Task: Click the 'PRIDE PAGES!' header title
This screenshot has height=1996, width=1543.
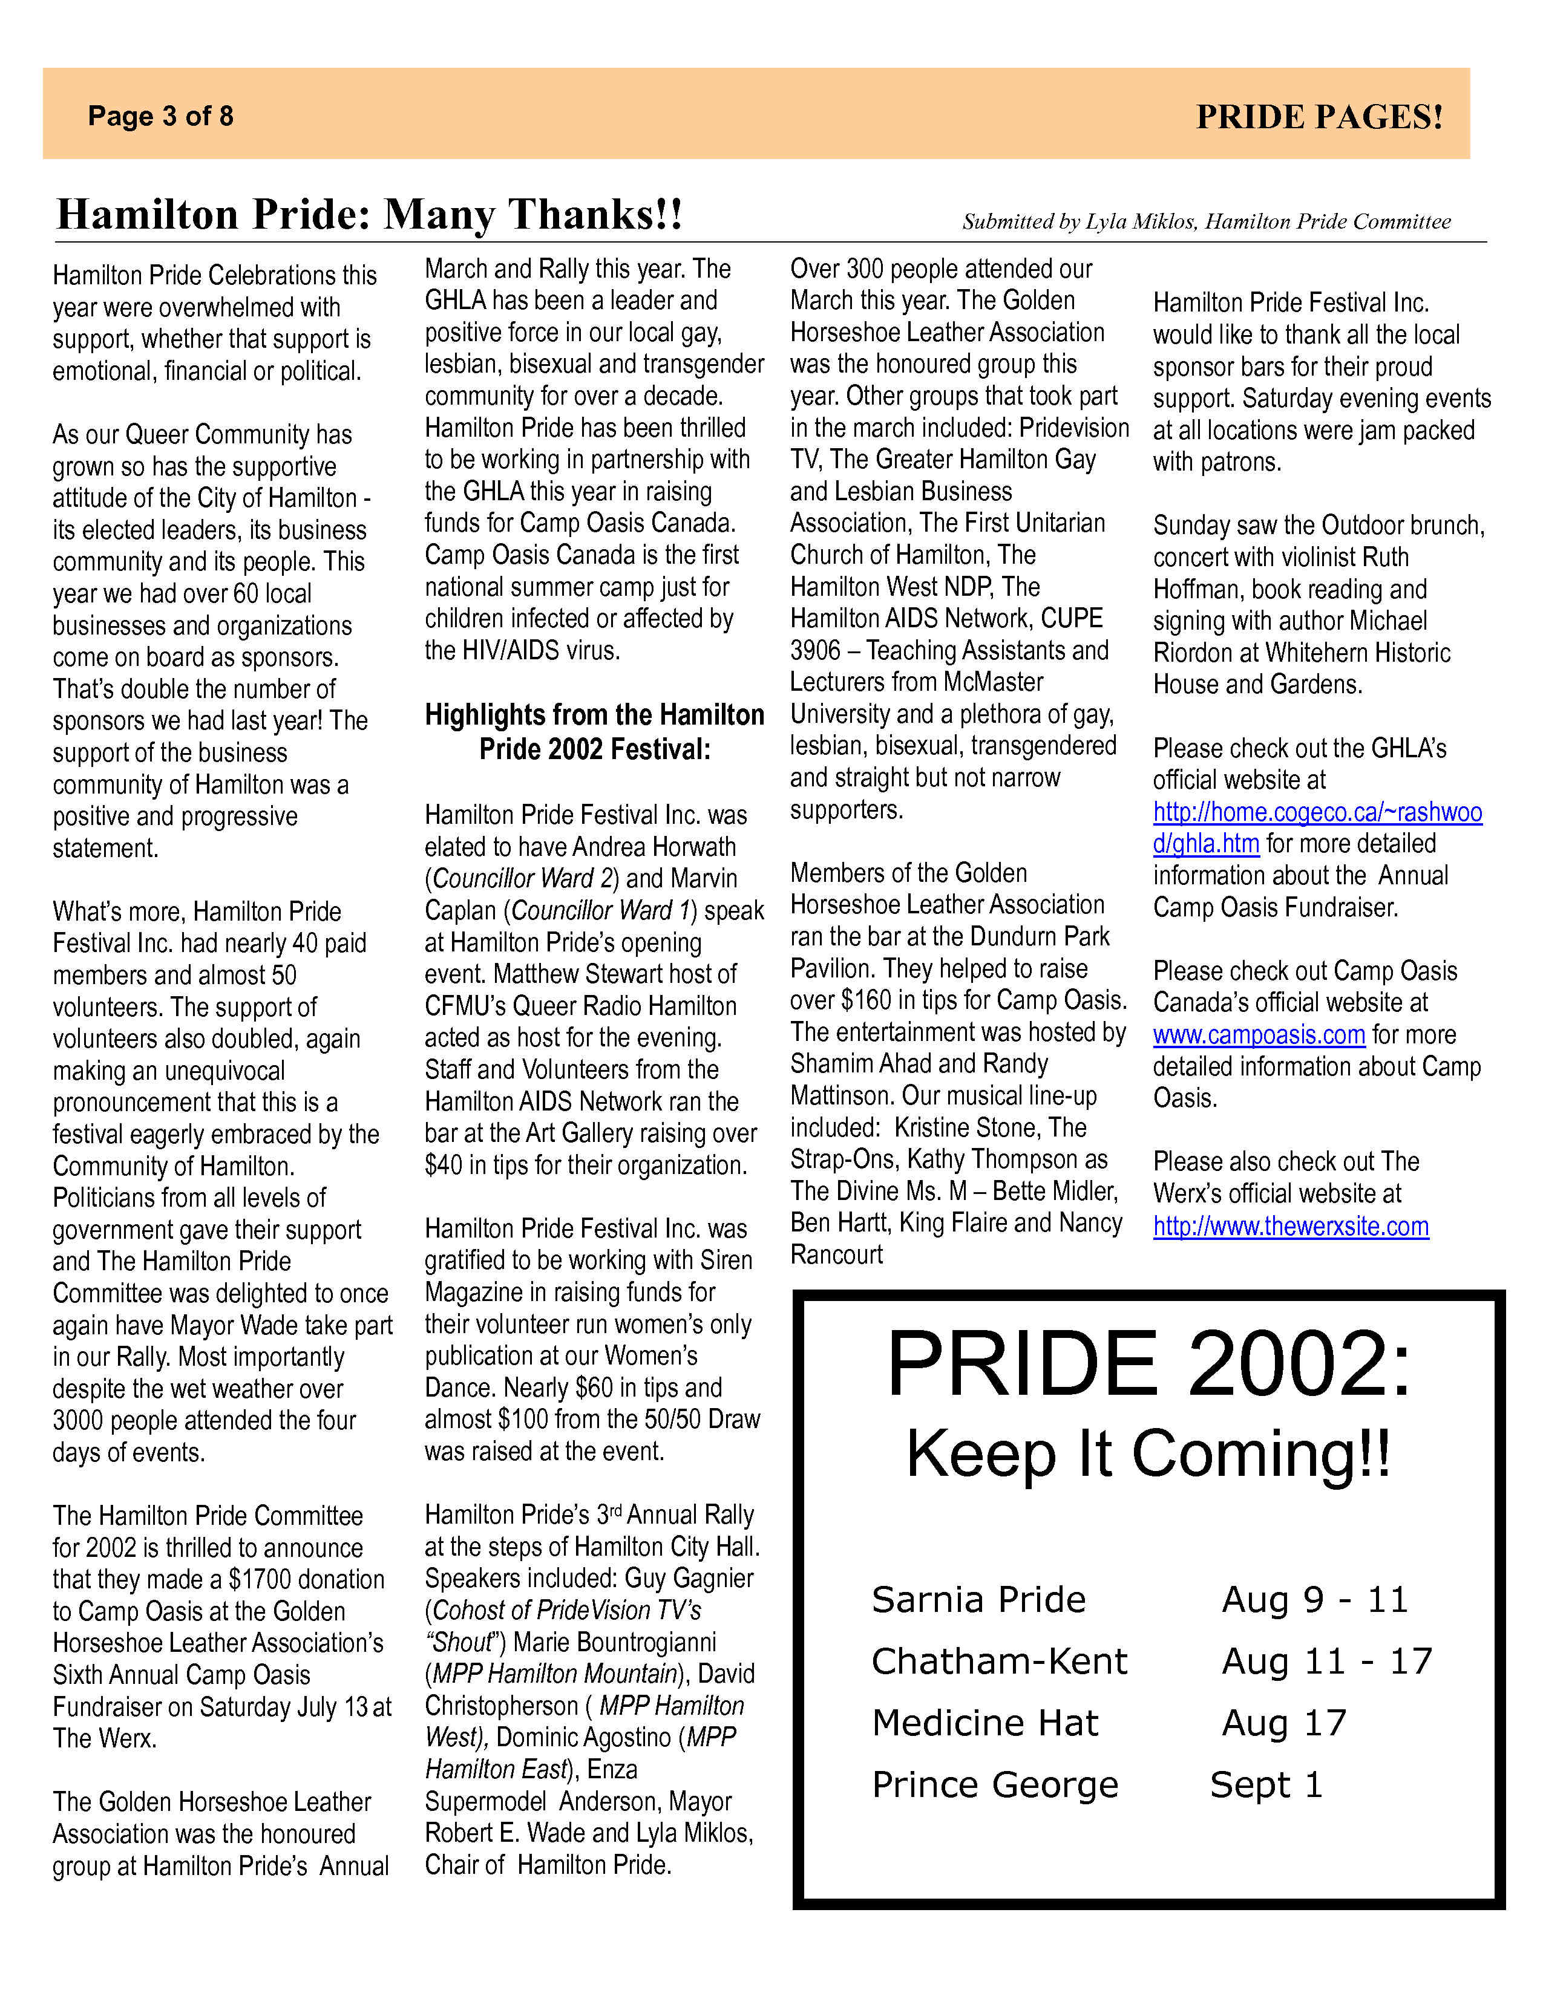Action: [1319, 117]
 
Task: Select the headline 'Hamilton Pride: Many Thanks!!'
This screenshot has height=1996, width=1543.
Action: [369, 215]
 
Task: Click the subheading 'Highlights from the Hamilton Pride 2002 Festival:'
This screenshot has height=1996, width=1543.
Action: [594, 732]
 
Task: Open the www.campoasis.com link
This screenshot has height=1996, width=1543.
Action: [1259, 1034]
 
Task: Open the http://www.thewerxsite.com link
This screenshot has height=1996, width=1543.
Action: [1291, 1225]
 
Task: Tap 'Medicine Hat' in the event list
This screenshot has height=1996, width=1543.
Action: [984, 1723]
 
